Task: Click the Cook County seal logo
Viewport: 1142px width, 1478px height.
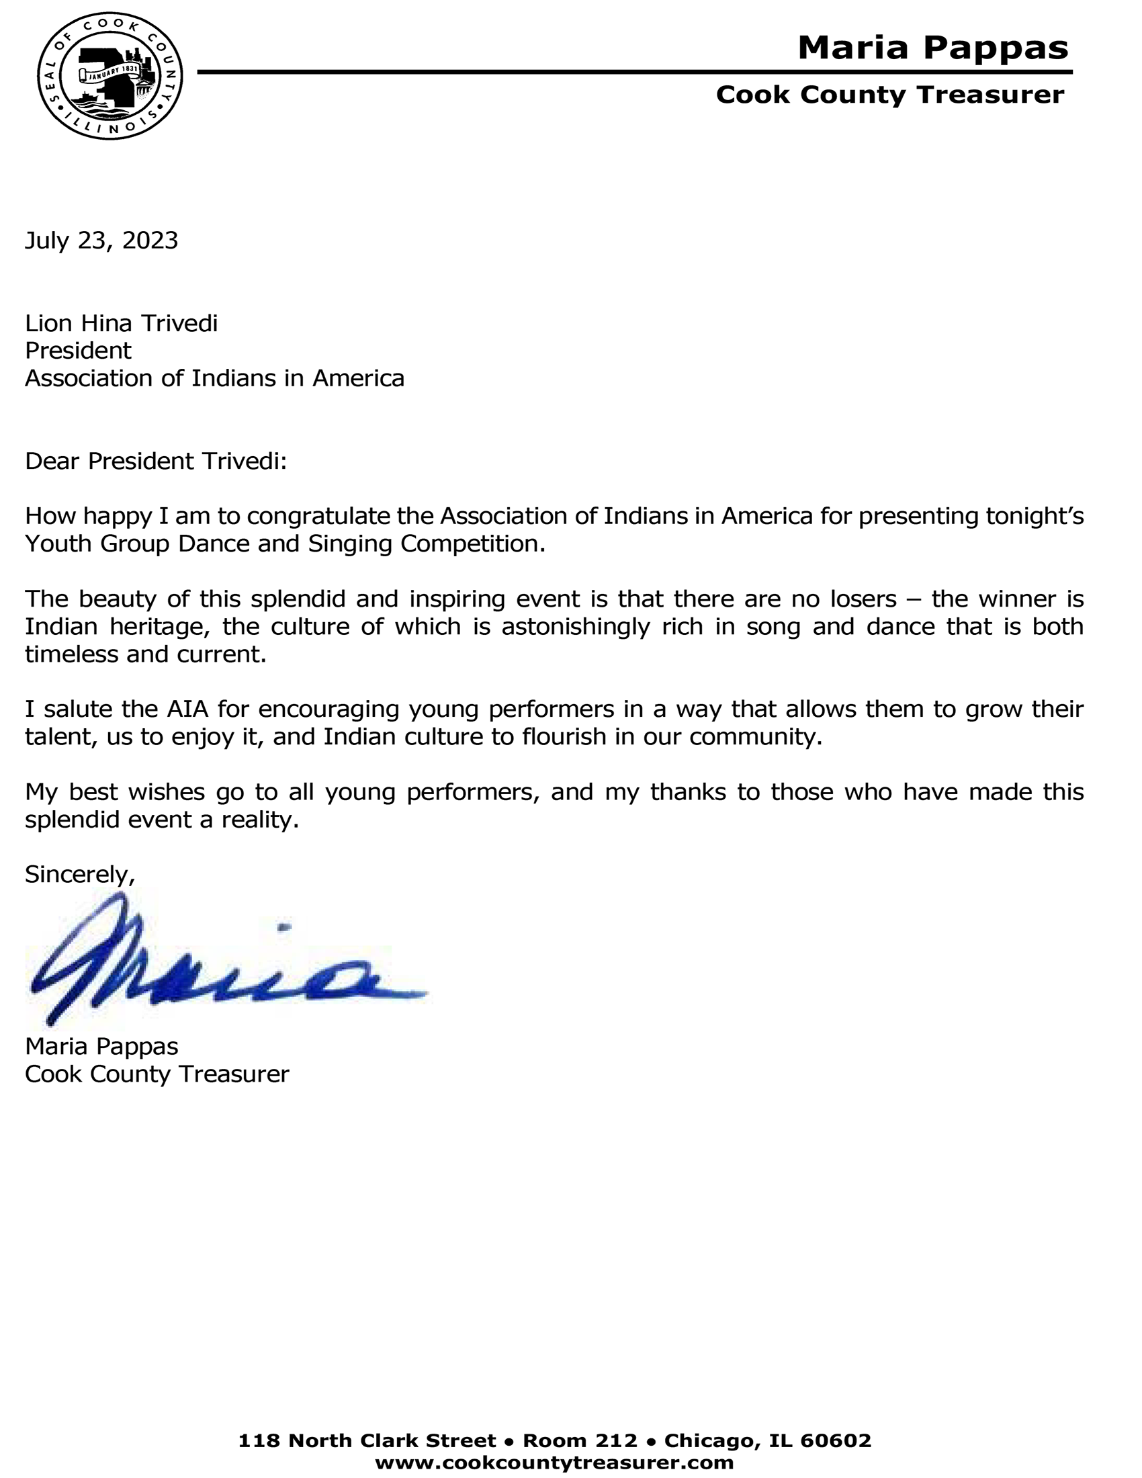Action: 109,76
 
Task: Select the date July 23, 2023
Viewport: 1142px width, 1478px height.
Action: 101,241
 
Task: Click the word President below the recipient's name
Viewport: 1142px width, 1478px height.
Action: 78,351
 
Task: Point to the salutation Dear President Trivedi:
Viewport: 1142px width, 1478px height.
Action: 156,461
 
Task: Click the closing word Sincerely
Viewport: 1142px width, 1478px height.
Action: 79,874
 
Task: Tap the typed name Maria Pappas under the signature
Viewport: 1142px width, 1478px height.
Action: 101,1046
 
